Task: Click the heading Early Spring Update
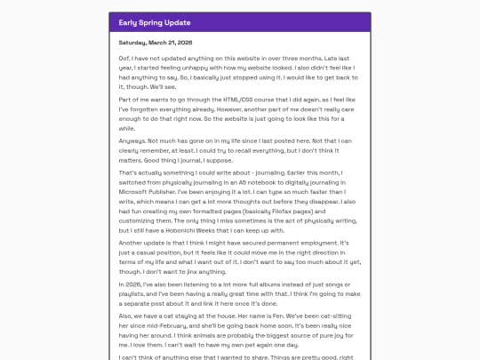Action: point(155,22)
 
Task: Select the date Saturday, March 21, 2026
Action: point(156,42)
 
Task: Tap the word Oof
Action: point(124,60)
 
